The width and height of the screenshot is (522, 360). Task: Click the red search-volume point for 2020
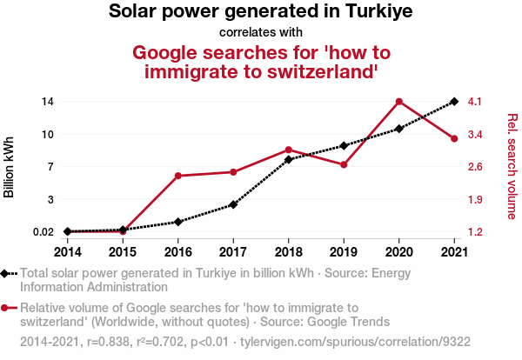pyautogui.click(x=399, y=102)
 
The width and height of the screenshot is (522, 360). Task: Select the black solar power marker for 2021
pyautogui.click(x=454, y=102)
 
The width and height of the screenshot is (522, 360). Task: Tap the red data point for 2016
pyautogui.click(x=177, y=176)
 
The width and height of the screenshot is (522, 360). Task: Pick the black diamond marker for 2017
pyautogui.click(x=233, y=204)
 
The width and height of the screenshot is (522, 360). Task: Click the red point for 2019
pyautogui.click(x=344, y=164)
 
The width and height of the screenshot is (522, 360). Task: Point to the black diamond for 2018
pyautogui.click(x=288, y=160)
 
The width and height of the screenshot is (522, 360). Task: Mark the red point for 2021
pyautogui.click(x=454, y=139)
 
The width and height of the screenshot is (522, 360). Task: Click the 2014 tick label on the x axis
pyautogui.click(x=68, y=251)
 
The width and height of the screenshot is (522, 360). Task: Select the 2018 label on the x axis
pyautogui.click(x=288, y=251)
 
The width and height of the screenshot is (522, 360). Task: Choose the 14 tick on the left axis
pyautogui.click(x=48, y=102)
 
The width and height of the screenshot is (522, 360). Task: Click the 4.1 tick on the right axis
pyautogui.click(x=475, y=102)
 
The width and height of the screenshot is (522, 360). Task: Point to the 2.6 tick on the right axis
pyautogui.click(x=475, y=167)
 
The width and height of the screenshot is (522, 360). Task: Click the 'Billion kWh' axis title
pyautogui.click(x=10, y=167)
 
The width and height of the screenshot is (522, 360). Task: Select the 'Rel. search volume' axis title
pyautogui.click(x=512, y=167)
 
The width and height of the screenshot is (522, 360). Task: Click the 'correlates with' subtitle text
pyautogui.click(x=261, y=33)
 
